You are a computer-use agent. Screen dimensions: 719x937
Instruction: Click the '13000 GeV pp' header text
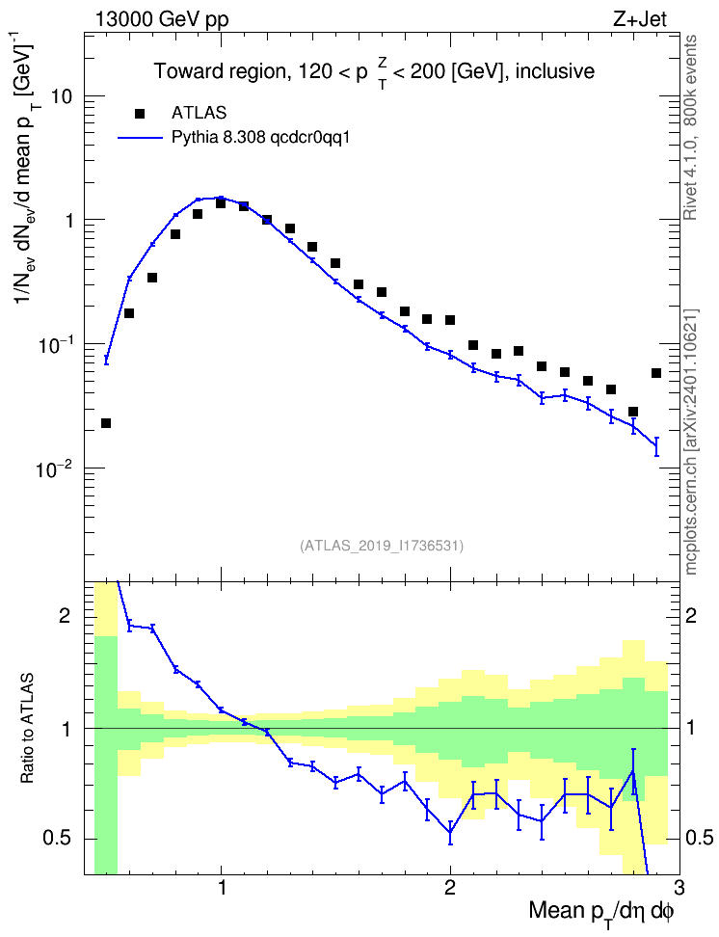pos(161,19)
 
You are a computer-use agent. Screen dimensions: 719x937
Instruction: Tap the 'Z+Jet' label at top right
pos(640,19)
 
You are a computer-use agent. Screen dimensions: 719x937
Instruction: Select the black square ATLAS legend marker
pos(140,113)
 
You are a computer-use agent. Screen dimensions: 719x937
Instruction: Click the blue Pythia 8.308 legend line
pos(140,138)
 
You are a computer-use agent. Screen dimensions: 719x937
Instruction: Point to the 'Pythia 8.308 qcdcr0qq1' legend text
pos(260,138)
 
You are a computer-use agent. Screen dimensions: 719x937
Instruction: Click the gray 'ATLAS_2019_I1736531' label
pos(382,545)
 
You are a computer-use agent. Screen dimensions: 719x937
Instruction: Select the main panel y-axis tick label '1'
pos(69,221)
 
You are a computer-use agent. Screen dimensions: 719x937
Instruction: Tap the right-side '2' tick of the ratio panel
pos(692,615)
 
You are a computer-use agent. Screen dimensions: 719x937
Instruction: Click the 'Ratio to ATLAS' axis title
pos(28,729)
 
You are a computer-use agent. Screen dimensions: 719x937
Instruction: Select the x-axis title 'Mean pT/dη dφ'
pos(601,913)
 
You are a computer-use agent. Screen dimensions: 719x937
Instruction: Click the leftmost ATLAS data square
pos(106,423)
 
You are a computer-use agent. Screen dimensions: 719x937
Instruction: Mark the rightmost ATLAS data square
pos(656,373)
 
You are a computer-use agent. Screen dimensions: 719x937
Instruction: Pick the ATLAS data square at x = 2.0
pos(450,320)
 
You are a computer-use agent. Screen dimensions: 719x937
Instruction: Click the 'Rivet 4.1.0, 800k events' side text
pos(690,127)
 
